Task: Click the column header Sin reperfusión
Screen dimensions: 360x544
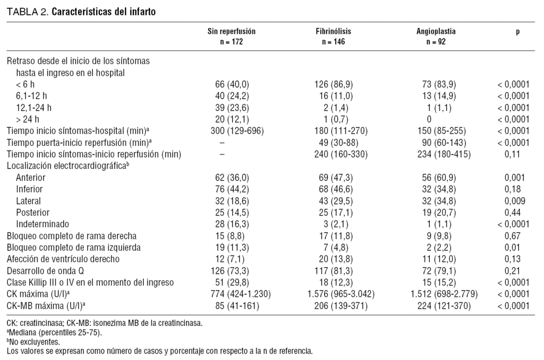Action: point(231,31)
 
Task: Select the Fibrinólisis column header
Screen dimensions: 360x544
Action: point(333,31)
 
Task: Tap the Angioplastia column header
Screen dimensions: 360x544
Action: point(436,31)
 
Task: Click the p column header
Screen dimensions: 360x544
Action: point(517,31)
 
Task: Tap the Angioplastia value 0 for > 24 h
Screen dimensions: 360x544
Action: point(429,119)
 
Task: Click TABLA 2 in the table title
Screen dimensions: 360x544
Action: point(27,11)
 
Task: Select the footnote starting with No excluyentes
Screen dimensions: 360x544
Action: point(31,342)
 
